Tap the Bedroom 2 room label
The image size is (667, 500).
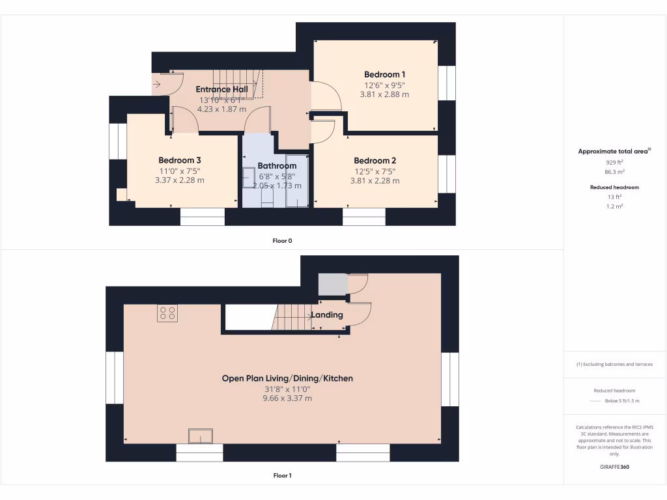375,161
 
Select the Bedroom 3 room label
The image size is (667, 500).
180,161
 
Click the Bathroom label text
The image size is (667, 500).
277,166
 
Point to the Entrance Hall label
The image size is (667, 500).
222,89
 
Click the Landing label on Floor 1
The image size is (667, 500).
327,315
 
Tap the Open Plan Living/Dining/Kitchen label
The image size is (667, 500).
287,378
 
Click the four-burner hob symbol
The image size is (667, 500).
167,313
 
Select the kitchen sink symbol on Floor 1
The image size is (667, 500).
201,436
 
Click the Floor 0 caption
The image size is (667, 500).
282,241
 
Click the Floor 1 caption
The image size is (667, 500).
282,476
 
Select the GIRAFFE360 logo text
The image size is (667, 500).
615,467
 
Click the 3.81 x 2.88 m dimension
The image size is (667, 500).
384,94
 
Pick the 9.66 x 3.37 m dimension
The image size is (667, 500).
287,398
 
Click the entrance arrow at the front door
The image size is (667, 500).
157,84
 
